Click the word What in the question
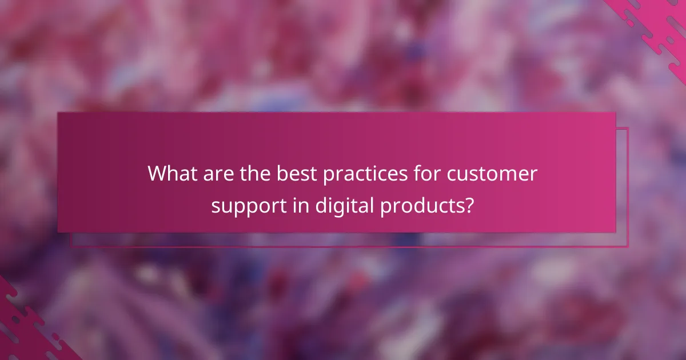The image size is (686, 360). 171,174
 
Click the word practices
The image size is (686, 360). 359,174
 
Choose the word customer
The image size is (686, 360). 492,174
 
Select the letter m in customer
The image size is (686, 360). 509,175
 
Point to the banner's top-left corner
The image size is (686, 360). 58,113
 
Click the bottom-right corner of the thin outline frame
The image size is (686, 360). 628,246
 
